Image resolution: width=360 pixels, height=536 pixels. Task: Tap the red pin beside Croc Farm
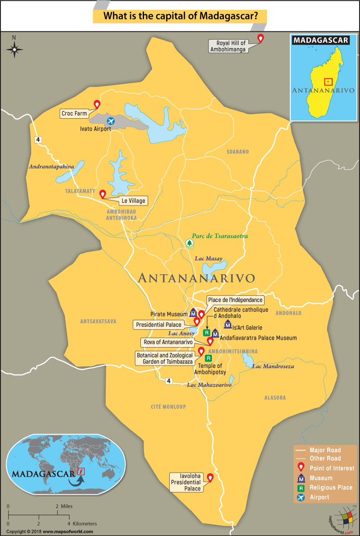click(96, 104)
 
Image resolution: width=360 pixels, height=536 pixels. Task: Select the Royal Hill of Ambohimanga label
click(228, 46)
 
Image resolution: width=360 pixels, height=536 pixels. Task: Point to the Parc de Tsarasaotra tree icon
click(189, 243)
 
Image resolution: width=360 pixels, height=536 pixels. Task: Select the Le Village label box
click(133, 201)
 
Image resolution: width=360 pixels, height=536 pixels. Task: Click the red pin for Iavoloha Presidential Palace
click(209, 478)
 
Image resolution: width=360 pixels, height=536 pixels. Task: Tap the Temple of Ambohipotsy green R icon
click(208, 358)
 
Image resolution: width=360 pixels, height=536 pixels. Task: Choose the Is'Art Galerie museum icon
click(228, 324)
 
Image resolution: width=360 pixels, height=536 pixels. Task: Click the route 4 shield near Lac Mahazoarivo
click(169, 381)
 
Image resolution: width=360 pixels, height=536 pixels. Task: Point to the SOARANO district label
click(237, 152)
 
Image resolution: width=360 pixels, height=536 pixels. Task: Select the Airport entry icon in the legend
click(301, 497)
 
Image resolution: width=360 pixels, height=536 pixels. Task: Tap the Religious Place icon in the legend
click(301, 487)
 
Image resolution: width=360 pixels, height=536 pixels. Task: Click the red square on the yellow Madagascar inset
click(328, 81)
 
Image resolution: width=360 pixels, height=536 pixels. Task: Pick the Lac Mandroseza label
click(273, 366)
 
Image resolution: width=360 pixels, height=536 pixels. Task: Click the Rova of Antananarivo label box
click(168, 342)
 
